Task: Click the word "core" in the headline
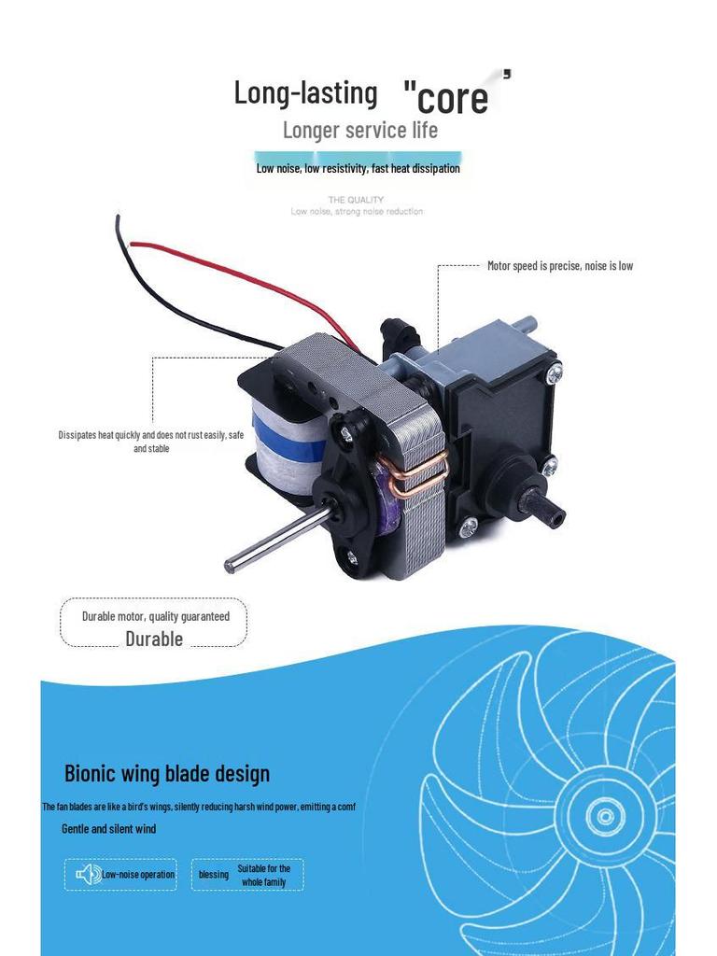[x=453, y=99]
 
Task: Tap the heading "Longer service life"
[x=359, y=130]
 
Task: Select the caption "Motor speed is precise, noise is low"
[x=560, y=266]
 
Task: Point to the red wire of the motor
[x=233, y=272]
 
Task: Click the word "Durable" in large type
[x=154, y=639]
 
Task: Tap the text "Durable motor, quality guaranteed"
[x=155, y=616]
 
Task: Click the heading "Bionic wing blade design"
[x=167, y=773]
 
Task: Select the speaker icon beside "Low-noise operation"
[x=89, y=875]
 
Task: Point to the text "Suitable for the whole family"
[x=263, y=875]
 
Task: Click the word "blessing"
[x=214, y=875]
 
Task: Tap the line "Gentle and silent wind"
[x=108, y=829]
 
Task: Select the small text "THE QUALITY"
[x=356, y=200]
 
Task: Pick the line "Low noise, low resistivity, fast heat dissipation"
[x=358, y=169]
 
